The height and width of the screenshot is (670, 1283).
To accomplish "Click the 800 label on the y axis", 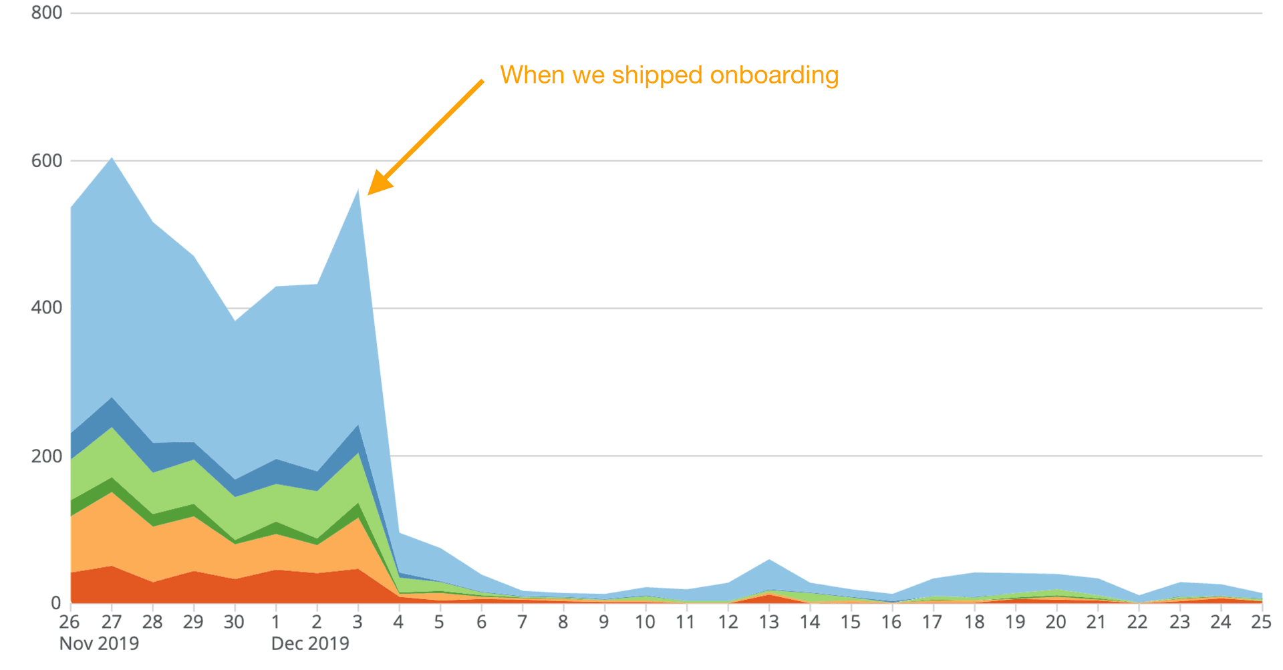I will pyautogui.click(x=46, y=13).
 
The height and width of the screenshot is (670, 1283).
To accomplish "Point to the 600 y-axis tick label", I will pyautogui.click(x=46, y=160).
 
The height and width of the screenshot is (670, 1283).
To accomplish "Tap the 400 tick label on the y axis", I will pyautogui.click(x=46, y=308).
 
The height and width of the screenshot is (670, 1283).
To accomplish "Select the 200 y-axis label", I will pyautogui.click(x=46, y=456).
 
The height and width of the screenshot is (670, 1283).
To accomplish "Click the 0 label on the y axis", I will pyautogui.click(x=55, y=603).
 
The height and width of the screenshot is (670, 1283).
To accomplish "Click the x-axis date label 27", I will pyautogui.click(x=111, y=622).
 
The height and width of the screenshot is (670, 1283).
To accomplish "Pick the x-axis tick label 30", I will pyautogui.click(x=234, y=622).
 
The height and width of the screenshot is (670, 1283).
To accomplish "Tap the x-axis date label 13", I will pyautogui.click(x=768, y=622).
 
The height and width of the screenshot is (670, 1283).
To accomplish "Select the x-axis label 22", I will pyautogui.click(x=1137, y=622).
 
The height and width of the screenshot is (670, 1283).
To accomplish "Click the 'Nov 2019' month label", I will pyautogui.click(x=99, y=644).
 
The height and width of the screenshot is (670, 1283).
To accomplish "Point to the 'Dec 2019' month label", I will pyautogui.click(x=310, y=644).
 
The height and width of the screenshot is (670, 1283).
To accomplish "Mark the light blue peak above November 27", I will pyautogui.click(x=112, y=158).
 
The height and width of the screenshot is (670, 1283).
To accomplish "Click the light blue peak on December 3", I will pyautogui.click(x=359, y=191).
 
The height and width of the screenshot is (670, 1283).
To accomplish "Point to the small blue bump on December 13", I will pyautogui.click(x=769, y=560).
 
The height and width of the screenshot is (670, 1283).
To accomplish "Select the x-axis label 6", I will pyautogui.click(x=481, y=622).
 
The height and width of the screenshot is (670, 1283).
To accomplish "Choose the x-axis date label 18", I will pyautogui.click(x=974, y=622).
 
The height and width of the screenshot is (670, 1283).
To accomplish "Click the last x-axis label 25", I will pyautogui.click(x=1261, y=622).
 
